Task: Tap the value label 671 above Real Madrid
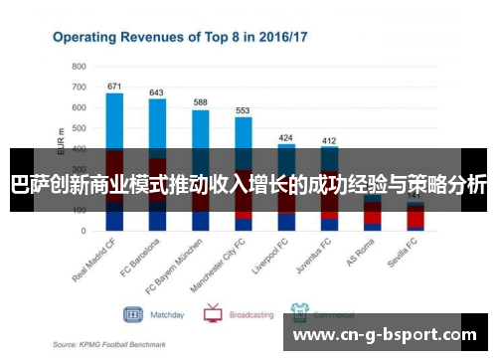(x=114, y=86)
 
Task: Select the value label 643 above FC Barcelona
(x=156, y=91)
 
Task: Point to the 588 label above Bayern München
(x=200, y=102)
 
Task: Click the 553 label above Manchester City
(x=243, y=110)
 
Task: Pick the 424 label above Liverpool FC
(x=286, y=137)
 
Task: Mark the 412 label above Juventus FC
(x=329, y=140)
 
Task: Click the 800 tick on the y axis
(x=79, y=66)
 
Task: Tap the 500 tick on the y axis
(x=79, y=127)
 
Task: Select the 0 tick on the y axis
(x=84, y=231)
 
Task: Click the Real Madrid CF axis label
(x=96, y=261)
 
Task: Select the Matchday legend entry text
(x=167, y=314)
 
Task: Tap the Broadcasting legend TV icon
(x=212, y=313)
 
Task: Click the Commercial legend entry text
(x=333, y=314)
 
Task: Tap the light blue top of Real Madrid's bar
(x=114, y=119)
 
